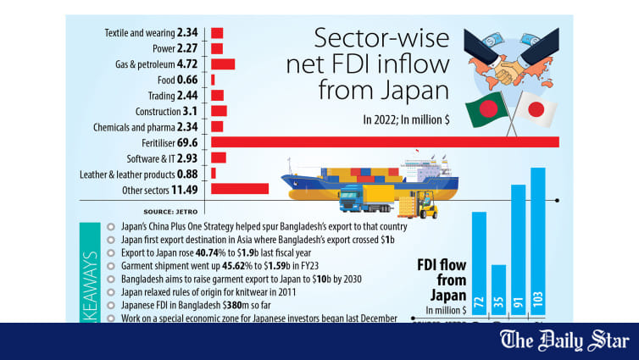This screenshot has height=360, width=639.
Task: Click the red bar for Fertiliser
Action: point(385,141)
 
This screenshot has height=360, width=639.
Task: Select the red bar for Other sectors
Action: point(240,189)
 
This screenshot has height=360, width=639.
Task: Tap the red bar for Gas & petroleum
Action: point(222,64)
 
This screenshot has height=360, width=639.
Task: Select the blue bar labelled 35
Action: point(498,293)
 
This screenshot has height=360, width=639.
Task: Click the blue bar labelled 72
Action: point(479,266)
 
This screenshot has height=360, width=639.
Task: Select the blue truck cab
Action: point(352,201)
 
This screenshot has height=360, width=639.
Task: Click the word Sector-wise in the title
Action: point(369,38)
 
